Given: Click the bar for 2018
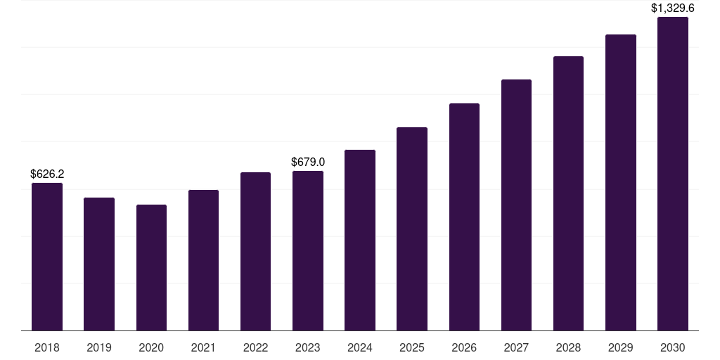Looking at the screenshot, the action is pos(47,257).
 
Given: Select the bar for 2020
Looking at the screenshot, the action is pos(152,268).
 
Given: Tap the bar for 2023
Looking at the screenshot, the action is pos(308,251).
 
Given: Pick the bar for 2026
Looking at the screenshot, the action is pos(464,217).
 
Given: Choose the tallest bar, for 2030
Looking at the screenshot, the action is pos(673,174).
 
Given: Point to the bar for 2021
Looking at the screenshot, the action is pos(203,260).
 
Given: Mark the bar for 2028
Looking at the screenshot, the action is pos(568,193).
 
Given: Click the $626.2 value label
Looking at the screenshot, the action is pos(47,174).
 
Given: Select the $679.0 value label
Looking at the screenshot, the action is pos(308,162).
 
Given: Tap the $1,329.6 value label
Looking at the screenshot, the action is pos(673,8).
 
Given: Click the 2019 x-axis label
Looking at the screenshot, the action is pos(99,347).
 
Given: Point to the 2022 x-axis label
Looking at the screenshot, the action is pos(255,347).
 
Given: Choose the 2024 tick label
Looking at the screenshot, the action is pos(360,347).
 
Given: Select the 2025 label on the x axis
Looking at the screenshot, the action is pos(412,347).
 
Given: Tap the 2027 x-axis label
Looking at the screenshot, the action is pos(516,347).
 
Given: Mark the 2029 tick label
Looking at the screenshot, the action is pos(621,347).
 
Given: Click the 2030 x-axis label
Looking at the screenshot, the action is pos(673,347).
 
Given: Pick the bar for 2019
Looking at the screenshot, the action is pos(99,264).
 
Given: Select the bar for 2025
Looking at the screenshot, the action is pos(412,229).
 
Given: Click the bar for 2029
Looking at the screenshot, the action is pos(621,183).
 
